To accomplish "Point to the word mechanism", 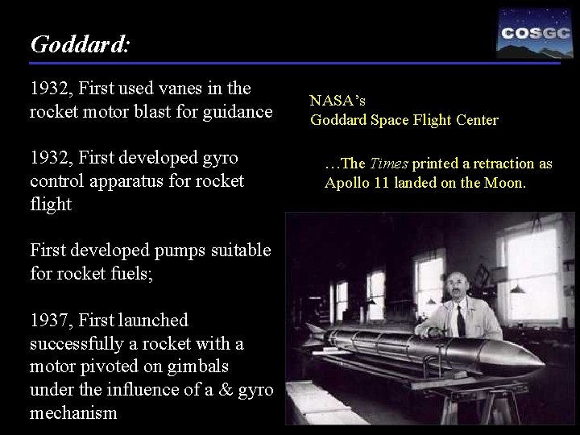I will click(75, 413).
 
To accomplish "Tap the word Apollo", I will click(345, 183).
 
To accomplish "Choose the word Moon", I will click(505, 183).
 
